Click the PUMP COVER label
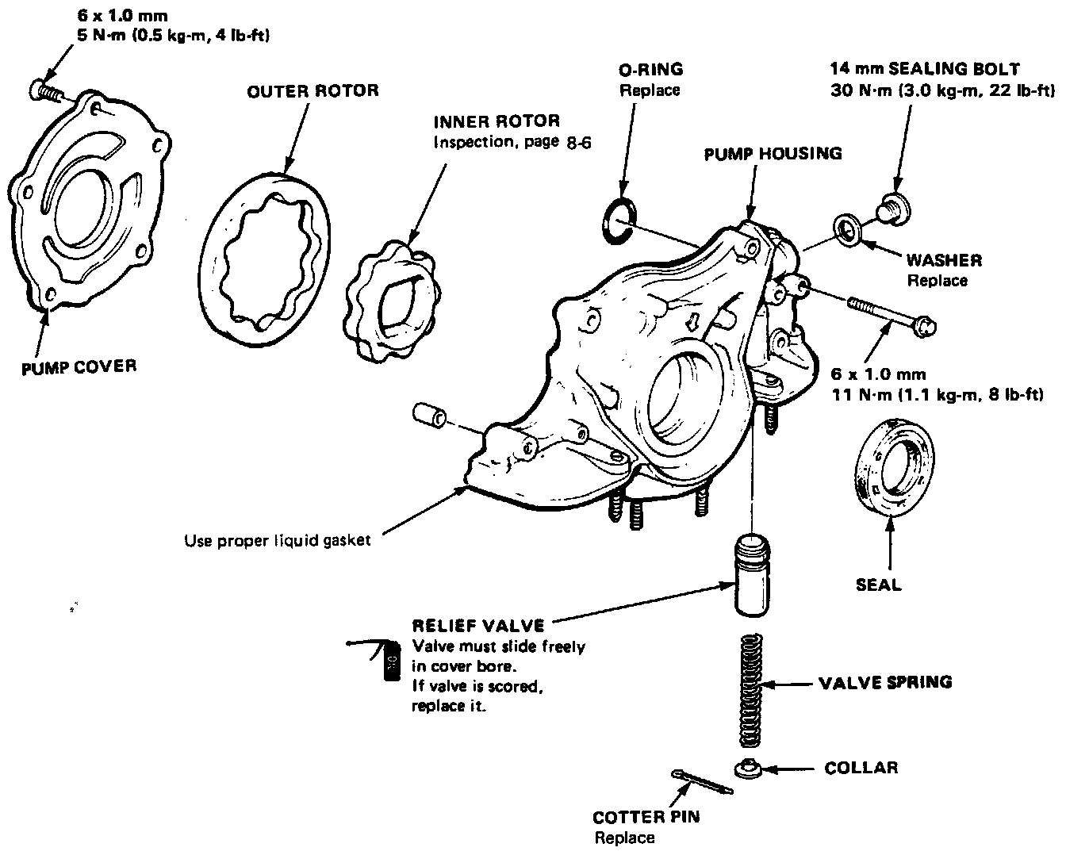(79, 366)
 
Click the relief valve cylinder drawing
(750, 575)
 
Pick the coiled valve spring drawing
(749, 692)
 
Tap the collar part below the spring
(747, 768)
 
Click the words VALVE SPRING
(885, 682)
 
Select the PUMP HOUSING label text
(773, 154)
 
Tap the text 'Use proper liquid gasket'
(277, 541)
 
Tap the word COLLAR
(861, 768)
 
